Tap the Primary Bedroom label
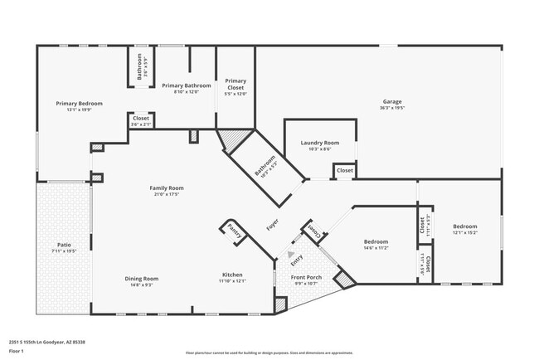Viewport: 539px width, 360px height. pyautogui.click(x=80, y=104)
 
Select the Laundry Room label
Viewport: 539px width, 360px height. pyautogui.click(x=319, y=143)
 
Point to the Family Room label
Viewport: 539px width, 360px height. pyautogui.click(x=166, y=188)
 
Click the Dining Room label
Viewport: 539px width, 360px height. pyautogui.click(x=141, y=279)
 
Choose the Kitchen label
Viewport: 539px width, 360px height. pyautogui.click(x=232, y=275)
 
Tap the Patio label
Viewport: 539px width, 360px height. pyautogui.click(x=64, y=245)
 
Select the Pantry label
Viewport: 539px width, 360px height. pyautogui.click(x=235, y=231)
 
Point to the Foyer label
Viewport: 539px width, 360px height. pyautogui.click(x=271, y=224)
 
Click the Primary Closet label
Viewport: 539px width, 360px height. pyautogui.click(x=236, y=84)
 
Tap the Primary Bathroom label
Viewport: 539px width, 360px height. pyautogui.click(x=186, y=85)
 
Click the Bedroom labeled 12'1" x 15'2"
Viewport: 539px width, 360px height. pyautogui.click(x=464, y=226)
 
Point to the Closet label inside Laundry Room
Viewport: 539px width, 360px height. pyautogui.click(x=344, y=171)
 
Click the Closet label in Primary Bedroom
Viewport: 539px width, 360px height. pyautogui.click(x=141, y=119)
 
